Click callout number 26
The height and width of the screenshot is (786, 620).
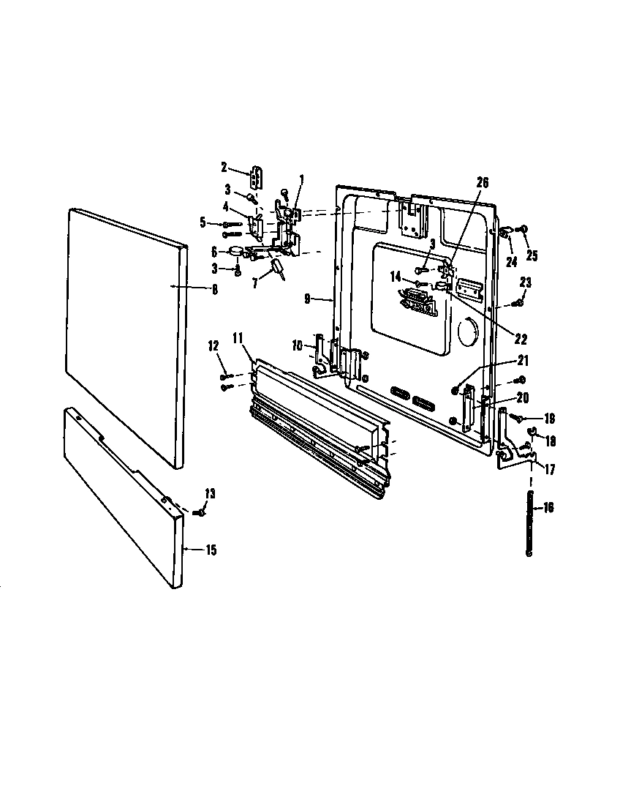482,183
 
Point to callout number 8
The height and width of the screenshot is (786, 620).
215,289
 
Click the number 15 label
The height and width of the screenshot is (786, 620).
211,550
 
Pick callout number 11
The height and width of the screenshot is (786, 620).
238,337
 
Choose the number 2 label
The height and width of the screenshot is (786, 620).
224,167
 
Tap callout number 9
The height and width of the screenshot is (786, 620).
308,299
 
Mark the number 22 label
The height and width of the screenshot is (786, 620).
521,340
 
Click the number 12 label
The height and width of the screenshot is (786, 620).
213,345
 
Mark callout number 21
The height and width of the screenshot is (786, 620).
522,360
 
